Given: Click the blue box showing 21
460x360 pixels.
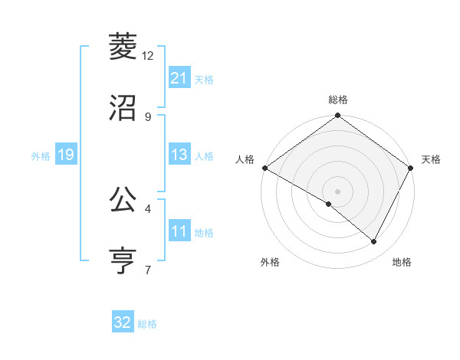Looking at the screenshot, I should coord(179,78).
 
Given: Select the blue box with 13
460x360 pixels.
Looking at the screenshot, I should coord(179,155).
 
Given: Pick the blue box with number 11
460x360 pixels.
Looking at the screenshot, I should coord(179,231).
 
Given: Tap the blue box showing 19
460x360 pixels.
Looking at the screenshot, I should coord(66,155).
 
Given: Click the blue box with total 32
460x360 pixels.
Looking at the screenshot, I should coord(123,322).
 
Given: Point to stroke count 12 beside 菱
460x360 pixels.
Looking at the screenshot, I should coord(148,56).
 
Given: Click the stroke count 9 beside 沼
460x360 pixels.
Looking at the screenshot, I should coord(148,116).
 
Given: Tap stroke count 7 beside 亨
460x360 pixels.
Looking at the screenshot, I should coord(148,269).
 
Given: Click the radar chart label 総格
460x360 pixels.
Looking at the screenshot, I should coord(338,100).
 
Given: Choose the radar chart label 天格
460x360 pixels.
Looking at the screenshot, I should coord(432,159).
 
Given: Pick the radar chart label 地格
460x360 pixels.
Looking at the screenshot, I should coord(402,262).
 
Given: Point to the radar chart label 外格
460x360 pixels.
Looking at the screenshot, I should coord(270,262).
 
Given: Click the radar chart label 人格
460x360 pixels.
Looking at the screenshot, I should coord(245,159).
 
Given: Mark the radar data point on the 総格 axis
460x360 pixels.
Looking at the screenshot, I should coord(338,116).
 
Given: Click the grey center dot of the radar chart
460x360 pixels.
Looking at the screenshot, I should coord(338,191).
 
